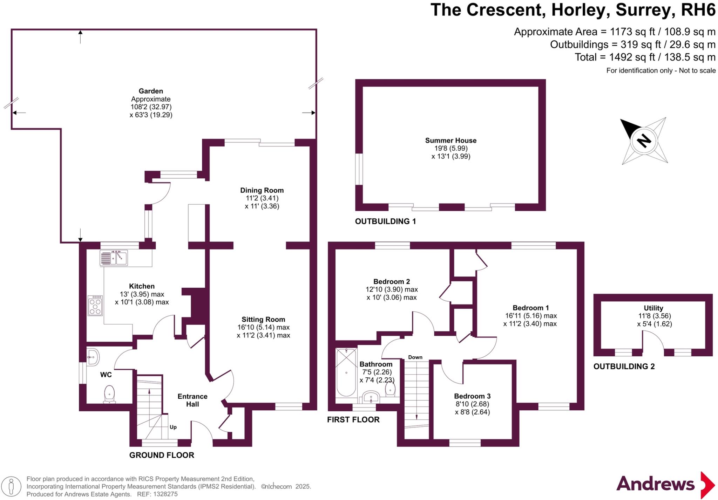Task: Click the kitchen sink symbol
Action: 114,258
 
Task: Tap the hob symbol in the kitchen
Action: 95,306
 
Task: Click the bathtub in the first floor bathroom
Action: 346,373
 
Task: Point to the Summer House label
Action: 451,141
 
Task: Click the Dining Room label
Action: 262,190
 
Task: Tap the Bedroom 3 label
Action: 472,396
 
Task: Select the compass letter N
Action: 644,141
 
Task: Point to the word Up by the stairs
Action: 173,427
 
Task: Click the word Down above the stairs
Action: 415,357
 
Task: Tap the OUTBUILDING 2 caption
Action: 624,367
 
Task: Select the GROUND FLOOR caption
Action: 162,455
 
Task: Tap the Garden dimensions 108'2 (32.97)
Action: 151,107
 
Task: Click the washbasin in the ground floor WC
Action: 93,357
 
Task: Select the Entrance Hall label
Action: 192,400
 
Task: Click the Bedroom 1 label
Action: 530,308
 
